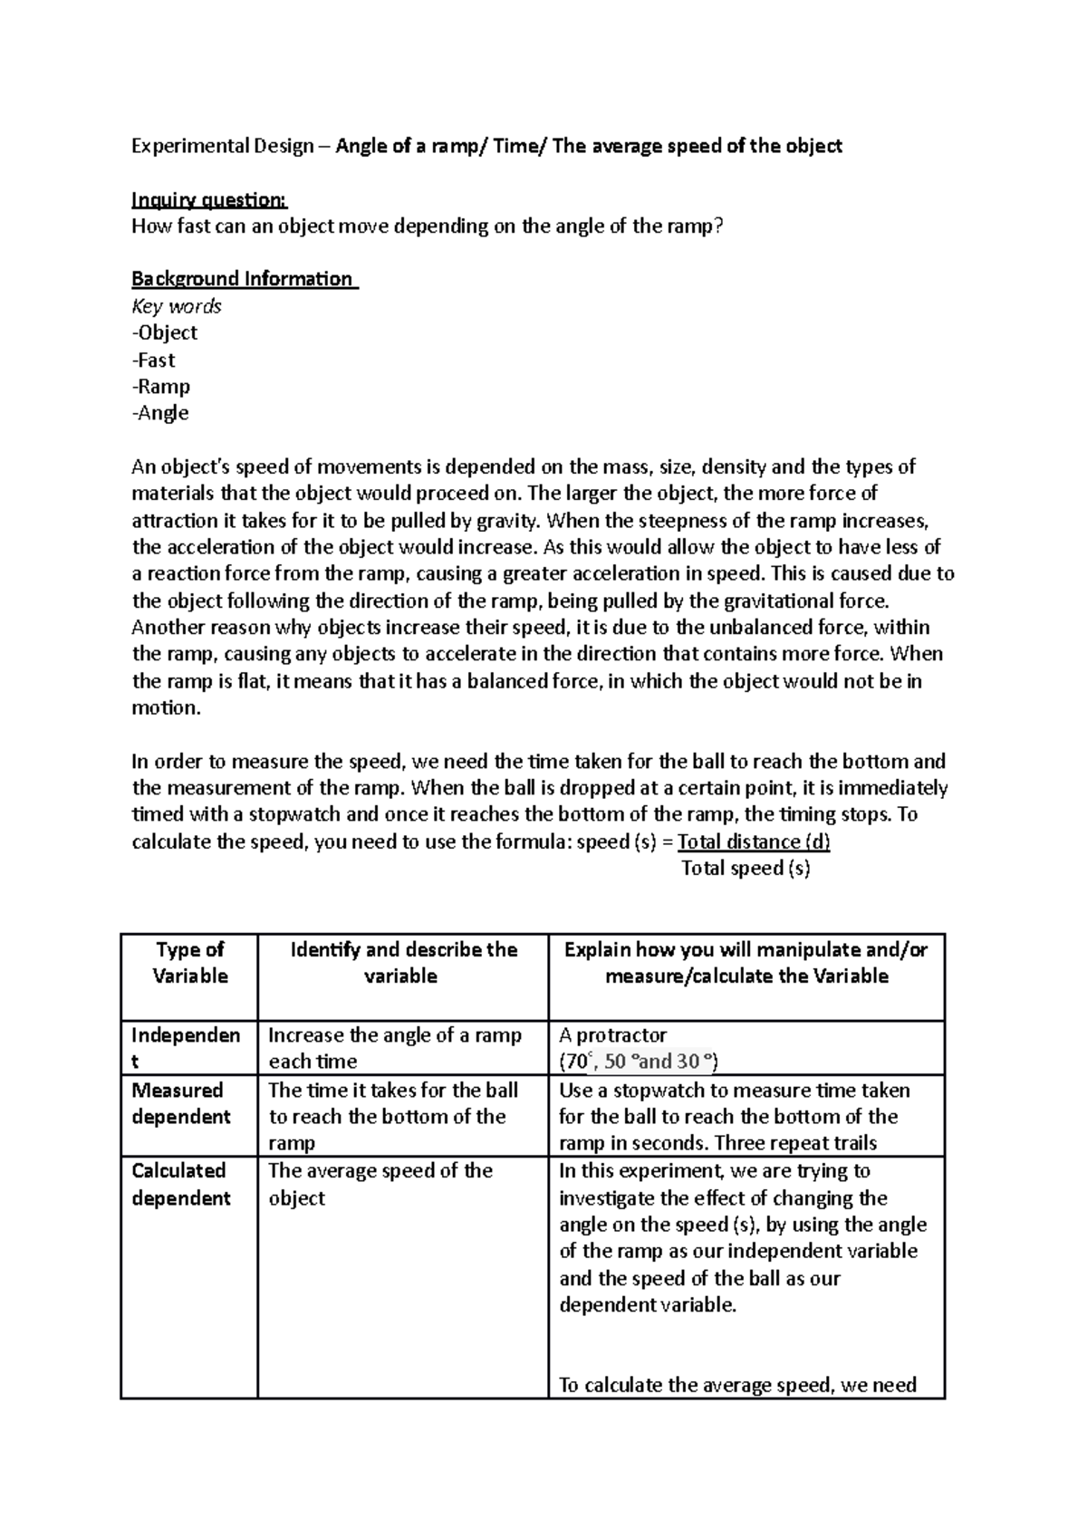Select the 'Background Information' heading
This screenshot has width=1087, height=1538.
click(x=243, y=279)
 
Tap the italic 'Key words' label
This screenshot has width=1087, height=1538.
click(x=177, y=306)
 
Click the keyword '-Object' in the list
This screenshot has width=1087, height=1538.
click(x=165, y=332)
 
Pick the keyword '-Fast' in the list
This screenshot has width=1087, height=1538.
click(x=154, y=360)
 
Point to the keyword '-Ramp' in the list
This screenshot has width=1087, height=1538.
click(x=161, y=387)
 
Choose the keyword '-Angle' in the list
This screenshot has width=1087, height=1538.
click(x=161, y=413)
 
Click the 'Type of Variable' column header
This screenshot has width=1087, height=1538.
click(x=189, y=963)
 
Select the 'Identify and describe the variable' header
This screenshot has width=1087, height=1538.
click(x=402, y=963)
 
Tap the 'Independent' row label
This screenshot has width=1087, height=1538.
click(x=186, y=1047)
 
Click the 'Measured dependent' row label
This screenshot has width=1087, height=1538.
click(x=180, y=1103)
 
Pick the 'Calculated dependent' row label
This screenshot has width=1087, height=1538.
click(x=180, y=1184)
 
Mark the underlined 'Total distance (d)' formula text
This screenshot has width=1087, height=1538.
click(x=754, y=842)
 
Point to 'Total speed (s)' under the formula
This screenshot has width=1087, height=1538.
click(x=746, y=869)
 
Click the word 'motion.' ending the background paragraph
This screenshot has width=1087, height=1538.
click(x=166, y=708)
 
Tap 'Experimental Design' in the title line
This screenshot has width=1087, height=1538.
click(x=223, y=146)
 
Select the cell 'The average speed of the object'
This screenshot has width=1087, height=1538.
click(x=380, y=1184)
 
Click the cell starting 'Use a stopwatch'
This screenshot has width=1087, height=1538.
click(x=734, y=1116)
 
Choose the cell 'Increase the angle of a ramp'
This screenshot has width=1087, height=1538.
click(x=395, y=1047)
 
